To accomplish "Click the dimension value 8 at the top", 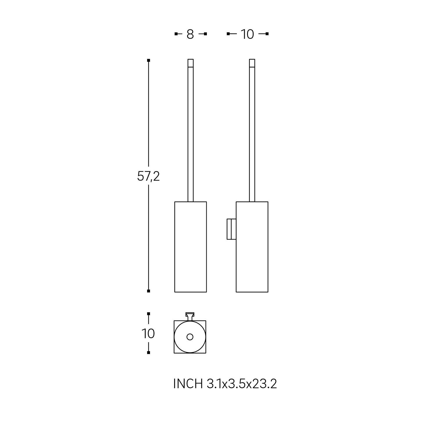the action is [x=190, y=34].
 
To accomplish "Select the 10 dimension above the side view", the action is [x=247, y=34].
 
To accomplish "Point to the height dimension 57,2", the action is [x=149, y=176].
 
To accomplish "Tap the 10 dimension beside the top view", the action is [x=149, y=334].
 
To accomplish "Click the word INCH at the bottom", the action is [x=188, y=384].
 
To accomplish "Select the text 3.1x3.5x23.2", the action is [x=242, y=384].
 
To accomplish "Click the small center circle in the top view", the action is [x=190, y=337].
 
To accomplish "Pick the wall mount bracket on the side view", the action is [x=231, y=229].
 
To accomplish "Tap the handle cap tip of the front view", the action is [x=191, y=63].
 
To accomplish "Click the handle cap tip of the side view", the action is [x=252, y=63].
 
